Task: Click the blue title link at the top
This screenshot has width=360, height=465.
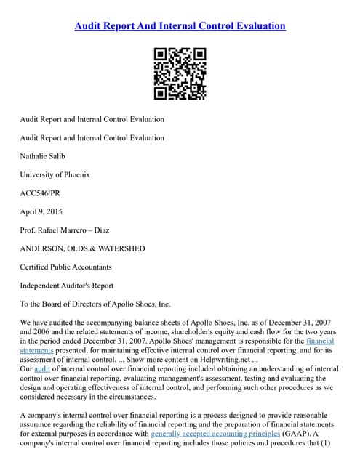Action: [180, 26]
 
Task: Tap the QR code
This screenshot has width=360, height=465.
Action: [180, 73]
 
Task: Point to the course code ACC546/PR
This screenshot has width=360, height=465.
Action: [44, 193]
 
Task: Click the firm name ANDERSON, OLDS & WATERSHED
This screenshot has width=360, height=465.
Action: [82, 248]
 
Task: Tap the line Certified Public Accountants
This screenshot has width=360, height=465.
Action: [66, 267]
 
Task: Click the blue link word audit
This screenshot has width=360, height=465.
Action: [41, 368]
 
